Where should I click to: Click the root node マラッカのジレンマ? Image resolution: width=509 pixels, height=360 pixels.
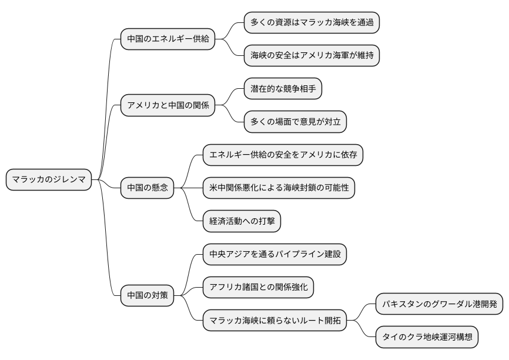click(49, 179)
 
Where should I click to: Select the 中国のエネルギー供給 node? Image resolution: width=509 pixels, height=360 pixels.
click(168, 39)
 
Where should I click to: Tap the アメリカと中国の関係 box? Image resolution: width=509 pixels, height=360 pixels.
click(168, 106)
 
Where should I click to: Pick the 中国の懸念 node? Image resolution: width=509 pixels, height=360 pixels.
click(148, 188)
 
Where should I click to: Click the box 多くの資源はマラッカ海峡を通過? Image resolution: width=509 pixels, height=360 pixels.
click(312, 23)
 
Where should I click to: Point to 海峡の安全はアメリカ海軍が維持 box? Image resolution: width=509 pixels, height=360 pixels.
click(312, 56)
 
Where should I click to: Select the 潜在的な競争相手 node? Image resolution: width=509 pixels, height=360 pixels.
click(283, 89)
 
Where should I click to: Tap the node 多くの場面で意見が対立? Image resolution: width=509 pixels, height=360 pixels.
click(295, 122)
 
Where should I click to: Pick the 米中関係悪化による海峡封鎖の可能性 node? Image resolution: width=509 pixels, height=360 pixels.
click(279, 188)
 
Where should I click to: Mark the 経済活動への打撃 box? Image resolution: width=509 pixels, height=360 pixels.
click(242, 221)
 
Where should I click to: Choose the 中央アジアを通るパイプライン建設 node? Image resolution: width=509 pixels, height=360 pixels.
click(274, 254)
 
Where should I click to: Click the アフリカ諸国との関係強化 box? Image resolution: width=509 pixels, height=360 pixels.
click(258, 288)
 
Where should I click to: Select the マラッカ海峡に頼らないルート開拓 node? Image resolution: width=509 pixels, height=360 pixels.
click(274, 321)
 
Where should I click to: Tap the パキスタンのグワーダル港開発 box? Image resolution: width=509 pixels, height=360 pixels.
click(439, 304)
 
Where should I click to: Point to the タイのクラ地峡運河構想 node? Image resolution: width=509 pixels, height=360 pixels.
click(427, 338)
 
